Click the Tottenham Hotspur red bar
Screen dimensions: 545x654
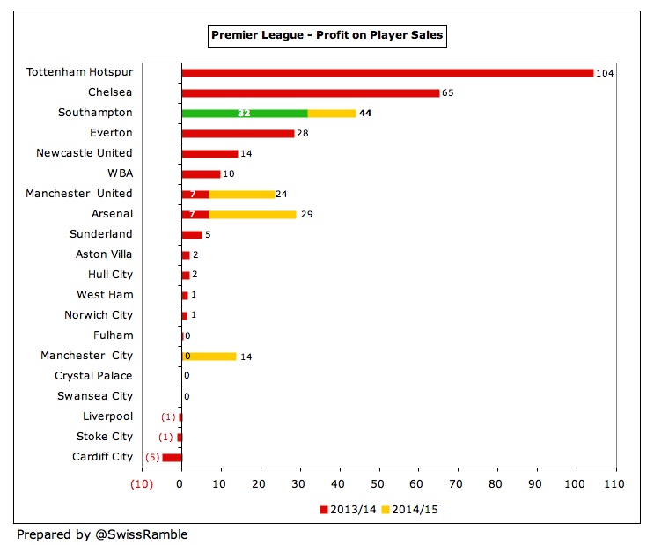tap(387, 72)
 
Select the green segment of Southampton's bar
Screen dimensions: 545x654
tap(244, 113)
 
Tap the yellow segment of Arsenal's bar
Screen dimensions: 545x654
tap(252, 214)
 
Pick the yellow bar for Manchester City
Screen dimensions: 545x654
tap(209, 356)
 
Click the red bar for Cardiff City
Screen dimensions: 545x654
tap(172, 457)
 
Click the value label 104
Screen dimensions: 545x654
tap(604, 73)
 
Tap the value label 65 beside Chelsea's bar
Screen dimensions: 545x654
tap(447, 92)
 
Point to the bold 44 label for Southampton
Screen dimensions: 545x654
tap(365, 113)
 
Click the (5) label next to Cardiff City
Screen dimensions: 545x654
tap(151, 457)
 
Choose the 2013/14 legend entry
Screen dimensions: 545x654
tap(349, 510)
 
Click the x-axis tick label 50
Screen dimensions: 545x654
tap(379, 485)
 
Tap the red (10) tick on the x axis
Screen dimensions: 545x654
tap(141, 485)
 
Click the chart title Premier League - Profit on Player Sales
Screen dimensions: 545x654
tap(327, 35)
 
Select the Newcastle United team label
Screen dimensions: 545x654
tap(85, 153)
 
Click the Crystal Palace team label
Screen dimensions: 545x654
tap(93, 376)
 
